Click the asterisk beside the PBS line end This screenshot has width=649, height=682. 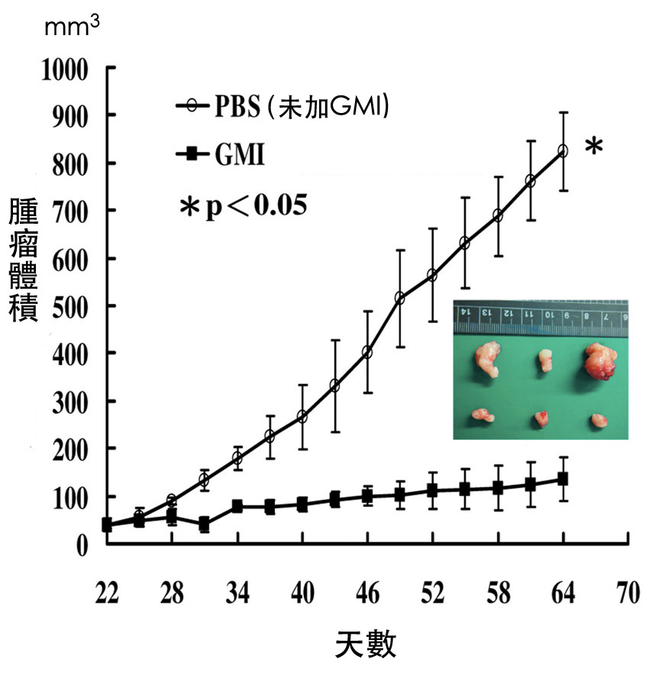593,147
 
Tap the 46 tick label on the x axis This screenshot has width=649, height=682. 367,593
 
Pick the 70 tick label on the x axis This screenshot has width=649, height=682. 628,593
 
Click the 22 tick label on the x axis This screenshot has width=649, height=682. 107,593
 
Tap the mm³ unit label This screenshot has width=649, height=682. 72,28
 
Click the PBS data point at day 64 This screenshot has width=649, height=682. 563,151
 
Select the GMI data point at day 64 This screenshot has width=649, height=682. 563,479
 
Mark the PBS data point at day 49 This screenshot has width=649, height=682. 400,298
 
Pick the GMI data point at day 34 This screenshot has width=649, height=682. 237,506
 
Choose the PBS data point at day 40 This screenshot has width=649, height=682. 302,417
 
